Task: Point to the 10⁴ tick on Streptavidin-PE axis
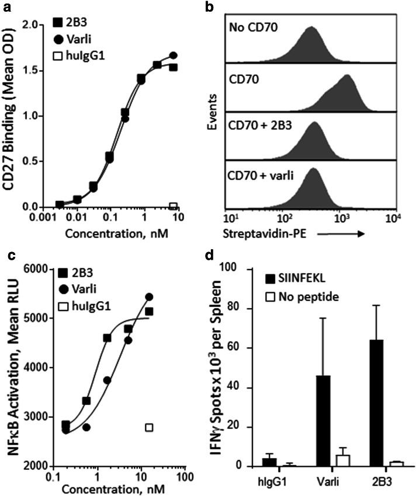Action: coord(385,219)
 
